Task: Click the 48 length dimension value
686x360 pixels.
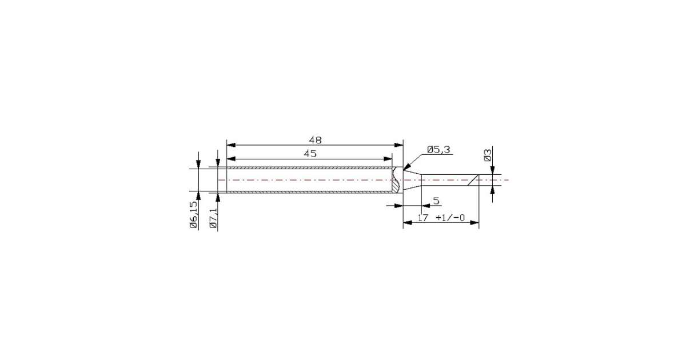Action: (x=315, y=140)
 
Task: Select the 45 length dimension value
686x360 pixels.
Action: (x=310, y=154)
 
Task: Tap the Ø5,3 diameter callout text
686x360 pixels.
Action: (x=439, y=150)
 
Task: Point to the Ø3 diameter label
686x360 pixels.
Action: (x=488, y=155)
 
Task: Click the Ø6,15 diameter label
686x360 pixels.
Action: (x=193, y=215)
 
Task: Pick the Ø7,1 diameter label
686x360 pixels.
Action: (x=213, y=218)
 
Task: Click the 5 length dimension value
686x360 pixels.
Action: (x=436, y=201)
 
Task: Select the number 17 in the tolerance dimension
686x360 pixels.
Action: (x=423, y=218)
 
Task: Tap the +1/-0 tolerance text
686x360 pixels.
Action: (x=450, y=218)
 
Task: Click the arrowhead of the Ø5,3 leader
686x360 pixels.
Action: (x=406, y=166)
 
